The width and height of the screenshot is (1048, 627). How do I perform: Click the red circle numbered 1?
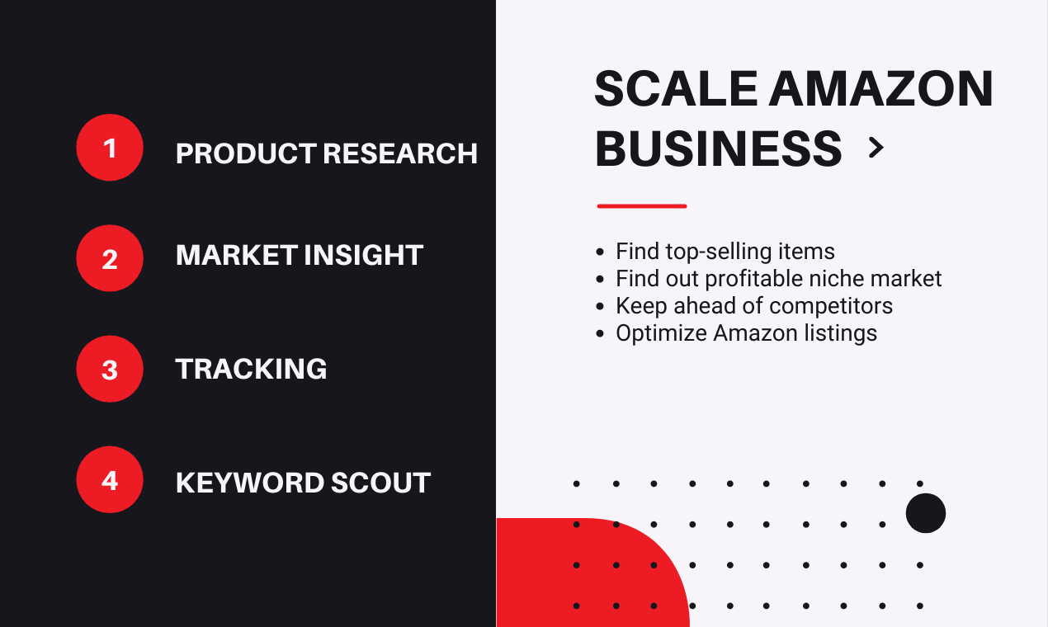pos(110,148)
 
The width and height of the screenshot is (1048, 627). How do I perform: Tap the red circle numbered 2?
pos(110,258)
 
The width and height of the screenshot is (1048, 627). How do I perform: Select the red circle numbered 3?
pos(110,369)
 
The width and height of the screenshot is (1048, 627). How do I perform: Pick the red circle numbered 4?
pos(110,479)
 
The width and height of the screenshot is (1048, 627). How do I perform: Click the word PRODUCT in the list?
pos(246,153)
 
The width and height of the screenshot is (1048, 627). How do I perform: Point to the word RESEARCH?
pos(400,153)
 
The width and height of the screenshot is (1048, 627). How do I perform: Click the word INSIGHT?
pos(364,255)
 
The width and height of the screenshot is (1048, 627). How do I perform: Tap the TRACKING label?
pos(251,369)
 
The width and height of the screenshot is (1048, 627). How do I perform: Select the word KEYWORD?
pos(250,483)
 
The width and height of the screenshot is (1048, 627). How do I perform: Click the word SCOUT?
pos(381,483)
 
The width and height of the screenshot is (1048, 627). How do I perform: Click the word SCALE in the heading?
pos(676,88)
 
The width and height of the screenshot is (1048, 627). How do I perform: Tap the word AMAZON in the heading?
pos(881,88)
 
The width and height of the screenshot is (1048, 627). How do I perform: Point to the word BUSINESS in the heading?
pos(718,148)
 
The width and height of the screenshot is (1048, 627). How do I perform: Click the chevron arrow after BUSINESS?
pos(876,148)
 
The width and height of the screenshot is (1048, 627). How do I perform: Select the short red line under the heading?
pos(642,206)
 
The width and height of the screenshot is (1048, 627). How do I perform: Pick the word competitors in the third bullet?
pos(830,306)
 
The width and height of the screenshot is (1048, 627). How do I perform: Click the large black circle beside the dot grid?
pos(925,513)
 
